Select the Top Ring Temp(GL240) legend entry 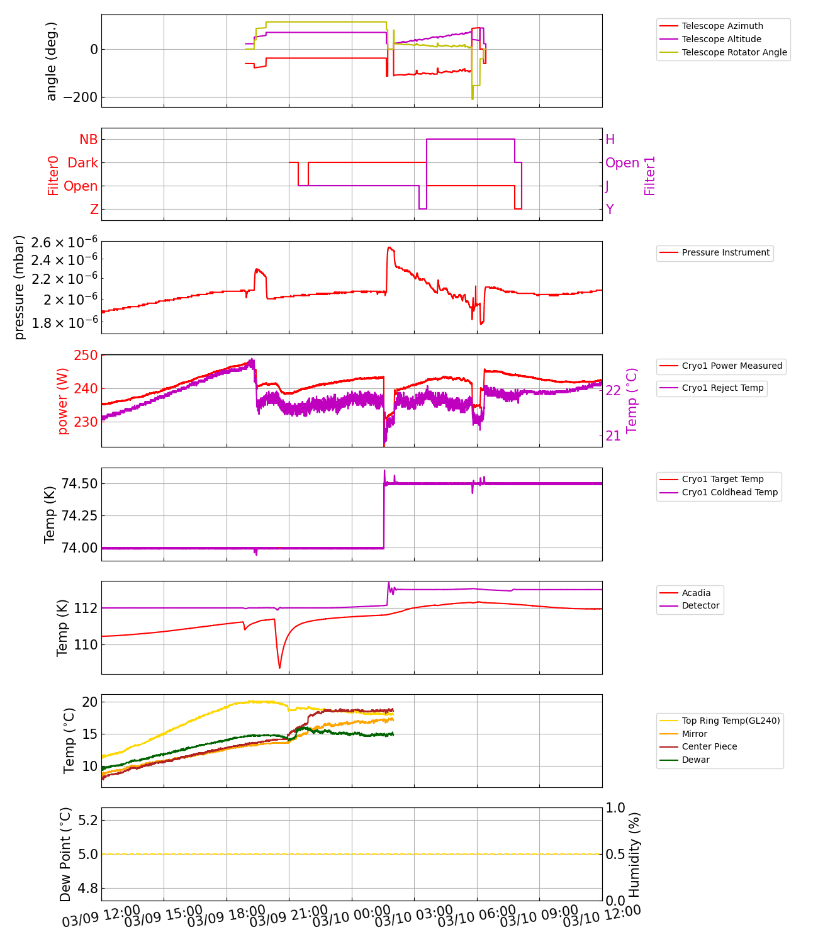point(731,721)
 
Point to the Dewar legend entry point(695,760)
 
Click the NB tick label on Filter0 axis point(88,140)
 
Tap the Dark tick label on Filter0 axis point(82,163)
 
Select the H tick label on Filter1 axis point(610,140)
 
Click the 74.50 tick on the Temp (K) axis point(79,484)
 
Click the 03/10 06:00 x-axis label point(476,916)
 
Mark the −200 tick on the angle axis point(81,98)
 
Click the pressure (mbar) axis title point(20,287)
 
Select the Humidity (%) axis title point(634,854)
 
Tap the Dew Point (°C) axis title point(66,854)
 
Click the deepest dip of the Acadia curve point(280,668)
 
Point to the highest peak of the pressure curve point(389,247)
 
